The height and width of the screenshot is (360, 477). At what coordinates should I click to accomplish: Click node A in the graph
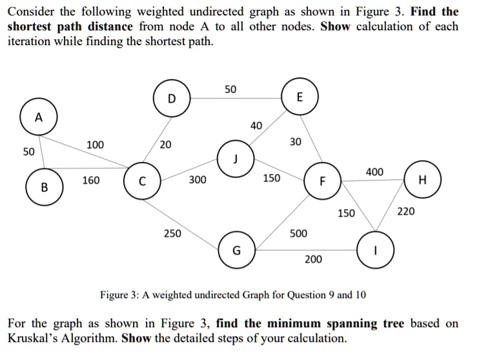(x=39, y=118)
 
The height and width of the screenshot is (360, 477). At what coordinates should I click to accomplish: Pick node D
(x=171, y=99)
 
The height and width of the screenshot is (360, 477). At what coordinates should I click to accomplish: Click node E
(x=299, y=97)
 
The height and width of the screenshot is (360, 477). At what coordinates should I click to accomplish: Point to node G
(x=237, y=251)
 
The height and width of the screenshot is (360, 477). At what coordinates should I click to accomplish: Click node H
(x=421, y=180)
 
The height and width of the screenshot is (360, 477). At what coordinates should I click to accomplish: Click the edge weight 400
(x=374, y=172)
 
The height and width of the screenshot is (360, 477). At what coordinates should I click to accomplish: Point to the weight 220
(x=406, y=211)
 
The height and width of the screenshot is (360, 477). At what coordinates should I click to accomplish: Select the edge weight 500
(x=298, y=232)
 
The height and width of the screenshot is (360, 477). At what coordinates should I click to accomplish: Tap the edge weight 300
(x=198, y=180)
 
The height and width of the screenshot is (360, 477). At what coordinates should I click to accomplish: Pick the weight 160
(x=90, y=180)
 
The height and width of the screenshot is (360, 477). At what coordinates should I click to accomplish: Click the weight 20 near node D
(x=166, y=145)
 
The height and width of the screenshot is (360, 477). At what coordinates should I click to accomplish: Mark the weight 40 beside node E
(x=256, y=125)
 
